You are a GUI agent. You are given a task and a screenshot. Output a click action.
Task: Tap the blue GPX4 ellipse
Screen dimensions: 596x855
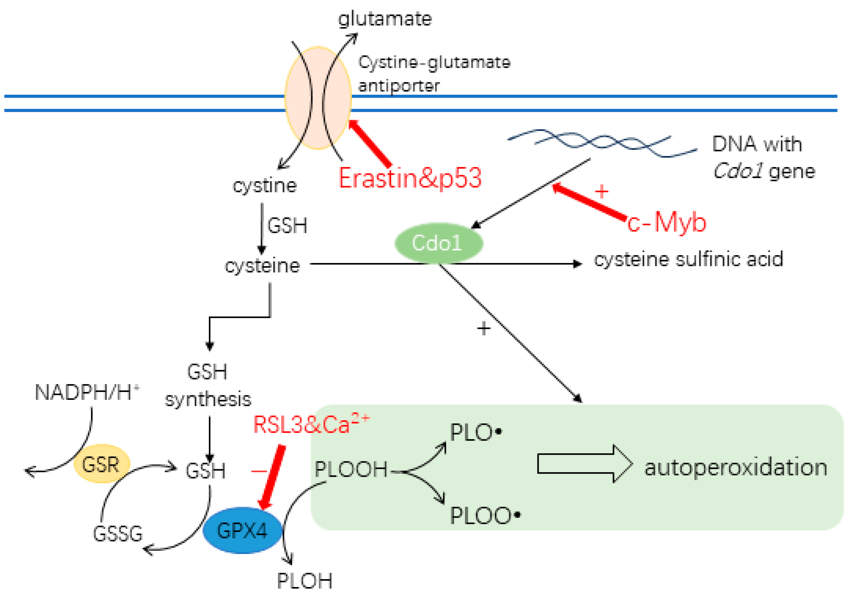click(242, 530)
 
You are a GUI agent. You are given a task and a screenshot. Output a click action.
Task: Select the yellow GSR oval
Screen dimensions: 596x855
click(101, 464)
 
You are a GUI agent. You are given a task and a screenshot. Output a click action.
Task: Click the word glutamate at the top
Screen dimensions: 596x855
click(385, 19)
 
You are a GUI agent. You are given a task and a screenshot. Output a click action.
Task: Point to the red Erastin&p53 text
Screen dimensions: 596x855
click(410, 178)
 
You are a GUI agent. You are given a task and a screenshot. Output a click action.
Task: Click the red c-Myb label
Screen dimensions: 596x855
click(666, 223)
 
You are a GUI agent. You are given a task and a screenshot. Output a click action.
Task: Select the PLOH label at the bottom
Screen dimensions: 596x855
click(304, 580)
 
